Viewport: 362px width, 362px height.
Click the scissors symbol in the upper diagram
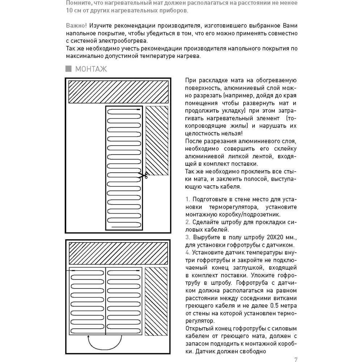point(143,176)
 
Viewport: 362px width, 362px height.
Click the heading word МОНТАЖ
point(91,69)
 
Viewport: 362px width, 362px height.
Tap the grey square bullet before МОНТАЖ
point(68,68)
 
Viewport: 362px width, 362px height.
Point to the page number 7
point(296,359)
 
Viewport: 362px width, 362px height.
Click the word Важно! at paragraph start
point(76,26)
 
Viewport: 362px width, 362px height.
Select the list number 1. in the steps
point(188,199)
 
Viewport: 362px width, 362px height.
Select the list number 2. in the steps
point(188,222)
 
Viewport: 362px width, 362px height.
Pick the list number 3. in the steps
point(188,237)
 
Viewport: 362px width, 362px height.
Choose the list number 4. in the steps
point(188,253)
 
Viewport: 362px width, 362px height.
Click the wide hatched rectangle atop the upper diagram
point(118,92)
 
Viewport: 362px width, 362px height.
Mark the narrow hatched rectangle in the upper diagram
point(157,140)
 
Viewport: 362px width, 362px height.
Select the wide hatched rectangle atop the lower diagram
point(118,253)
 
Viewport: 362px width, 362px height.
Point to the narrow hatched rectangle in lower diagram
point(156,301)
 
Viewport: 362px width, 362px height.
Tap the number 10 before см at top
point(70,10)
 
